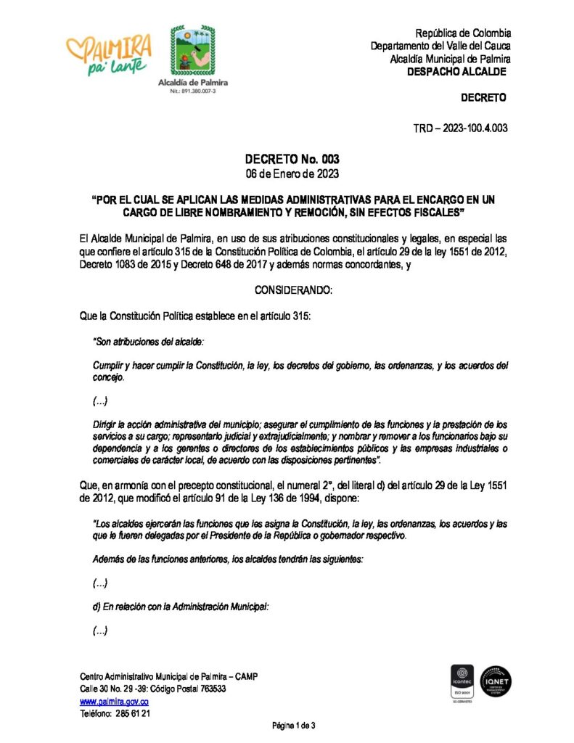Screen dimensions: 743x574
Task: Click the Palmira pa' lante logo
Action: [x=109, y=54]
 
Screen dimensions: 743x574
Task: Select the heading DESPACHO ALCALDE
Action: [x=456, y=72]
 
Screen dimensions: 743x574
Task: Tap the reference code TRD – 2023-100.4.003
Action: [x=460, y=128]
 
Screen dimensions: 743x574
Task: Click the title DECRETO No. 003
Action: [x=292, y=159]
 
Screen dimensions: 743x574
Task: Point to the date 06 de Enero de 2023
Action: [x=292, y=174]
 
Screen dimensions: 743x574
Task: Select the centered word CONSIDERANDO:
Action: [x=293, y=290]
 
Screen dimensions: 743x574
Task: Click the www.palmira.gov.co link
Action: [x=114, y=702]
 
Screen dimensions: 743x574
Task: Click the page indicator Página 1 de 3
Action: [x=294, y=726]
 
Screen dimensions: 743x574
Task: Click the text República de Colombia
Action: [x=463, y=33]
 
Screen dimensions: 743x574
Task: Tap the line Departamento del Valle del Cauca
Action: [x=440, y=46]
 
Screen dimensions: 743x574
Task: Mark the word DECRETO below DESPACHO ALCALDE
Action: [x=483, y=98]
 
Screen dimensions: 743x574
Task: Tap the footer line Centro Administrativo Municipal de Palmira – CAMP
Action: [x=168, y=676]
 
